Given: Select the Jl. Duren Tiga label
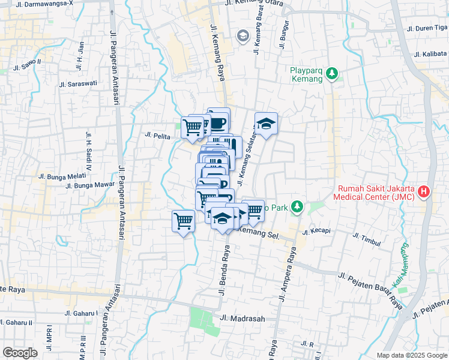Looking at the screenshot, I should tap(427, 28).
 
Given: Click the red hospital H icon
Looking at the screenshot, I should tap(424, 192).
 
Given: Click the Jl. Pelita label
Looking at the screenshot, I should tap(158, 135).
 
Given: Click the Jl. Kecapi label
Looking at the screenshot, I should tap(318, 231).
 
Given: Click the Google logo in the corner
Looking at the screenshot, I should tap(20, 353).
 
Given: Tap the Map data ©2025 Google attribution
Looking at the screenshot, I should tap(412, 355).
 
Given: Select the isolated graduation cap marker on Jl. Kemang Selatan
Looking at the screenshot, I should tap(266, 124).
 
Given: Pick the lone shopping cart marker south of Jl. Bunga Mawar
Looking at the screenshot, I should tap(184, 221).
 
